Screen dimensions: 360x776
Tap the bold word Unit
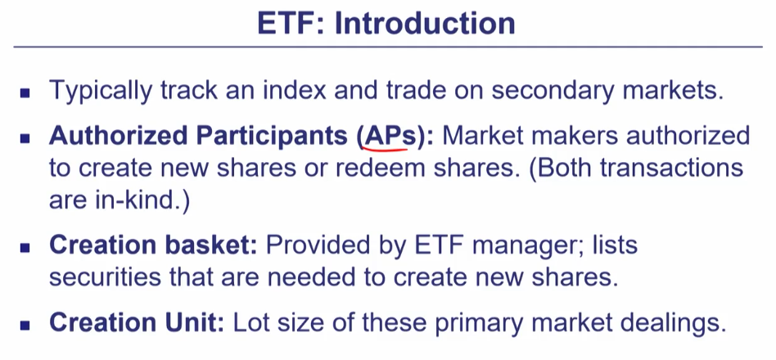click(196, 322)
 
